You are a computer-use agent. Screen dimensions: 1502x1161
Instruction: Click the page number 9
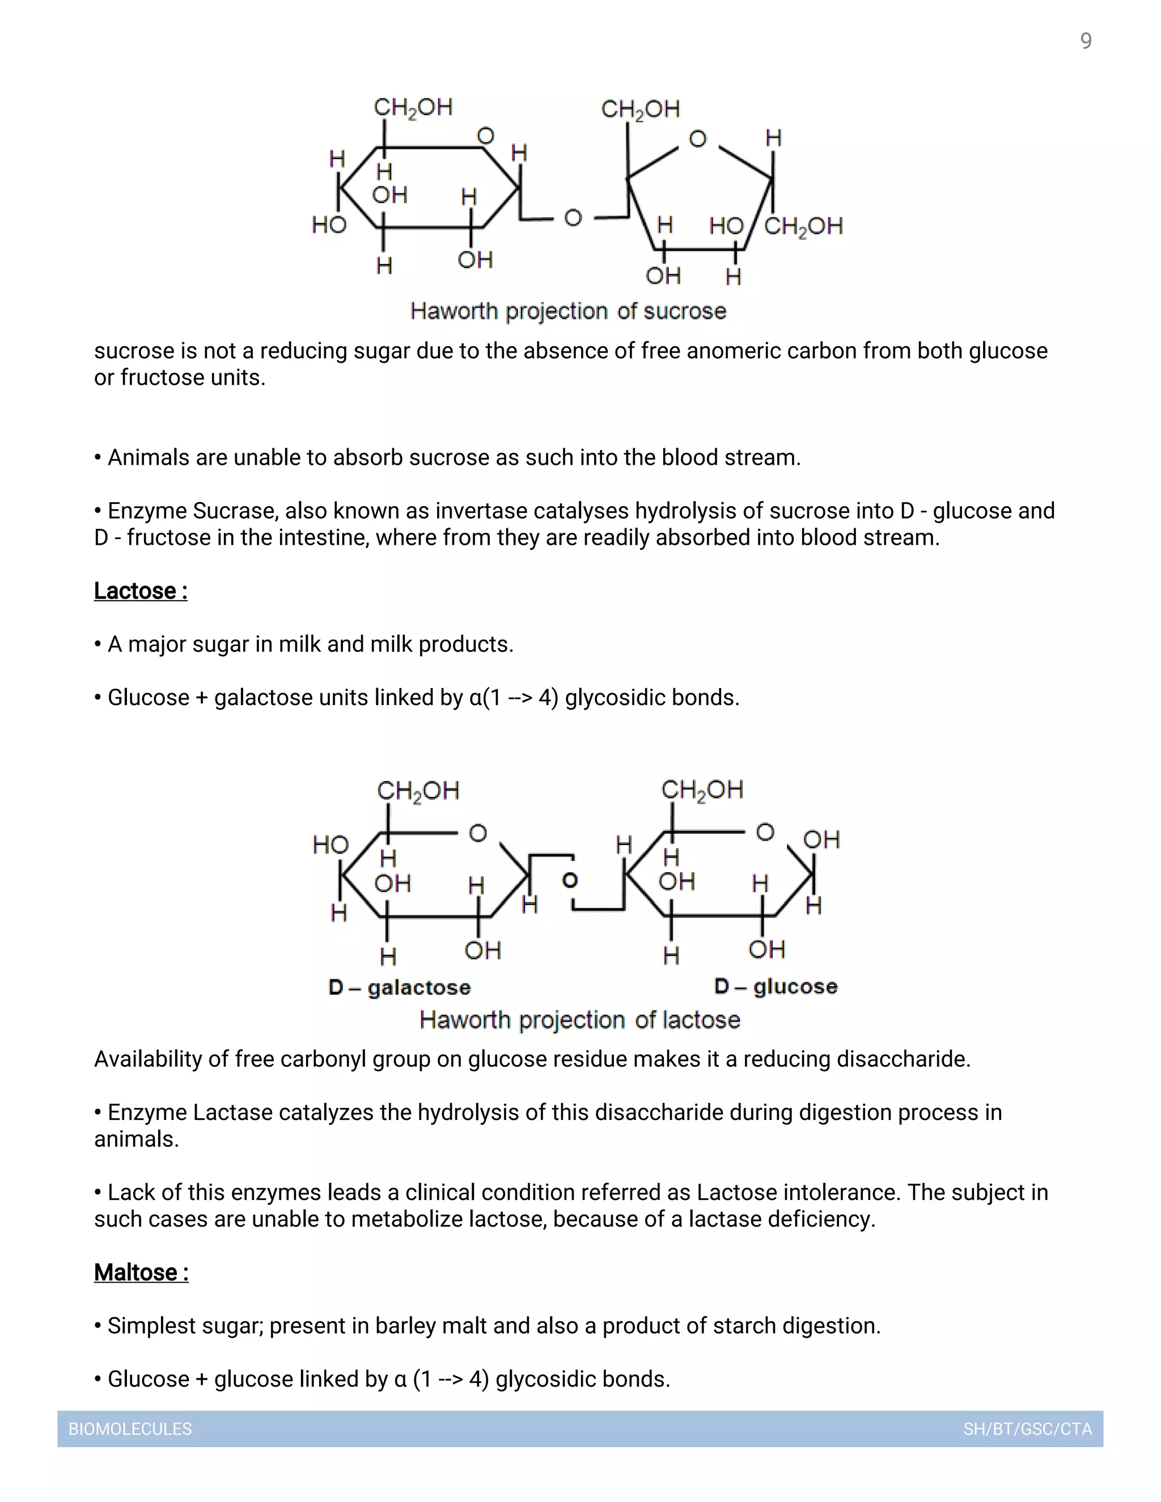1086,41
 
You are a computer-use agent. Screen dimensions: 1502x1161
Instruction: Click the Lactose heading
141,591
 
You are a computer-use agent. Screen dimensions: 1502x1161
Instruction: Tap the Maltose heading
141,1272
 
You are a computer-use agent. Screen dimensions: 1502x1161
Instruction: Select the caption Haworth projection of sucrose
568,311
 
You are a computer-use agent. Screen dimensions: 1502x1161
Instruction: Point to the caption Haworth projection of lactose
580,1019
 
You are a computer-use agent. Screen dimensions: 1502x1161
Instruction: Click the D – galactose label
400,987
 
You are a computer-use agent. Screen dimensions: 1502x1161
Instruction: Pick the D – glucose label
776,986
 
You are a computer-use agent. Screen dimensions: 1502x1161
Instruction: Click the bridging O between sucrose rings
573,218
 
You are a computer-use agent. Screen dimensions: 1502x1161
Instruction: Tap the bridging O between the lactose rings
570,880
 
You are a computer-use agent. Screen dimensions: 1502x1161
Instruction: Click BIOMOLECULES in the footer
130,1429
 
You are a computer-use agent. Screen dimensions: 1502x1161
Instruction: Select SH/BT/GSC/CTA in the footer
1028,1429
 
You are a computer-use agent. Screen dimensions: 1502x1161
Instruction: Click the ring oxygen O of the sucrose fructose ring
697,139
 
